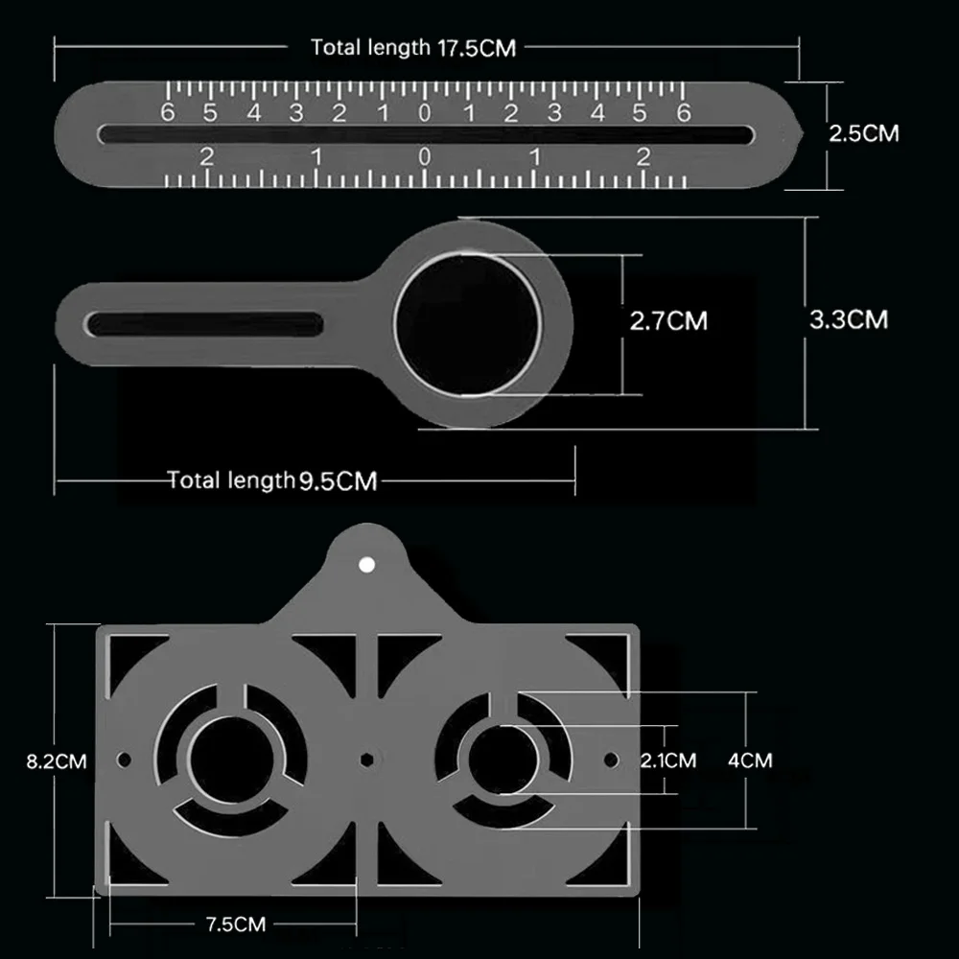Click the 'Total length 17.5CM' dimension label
click(x=413, y=47)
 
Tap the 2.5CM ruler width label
click(x=864, y=133)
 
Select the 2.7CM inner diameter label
click(x=668, y=320)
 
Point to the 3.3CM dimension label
click(x=849, y=319)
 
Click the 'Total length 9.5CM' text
click(x=272, y=479)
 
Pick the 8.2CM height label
click(x=57, y=761)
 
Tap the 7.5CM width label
click(x=236, y=924)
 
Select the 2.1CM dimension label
click(x=668, y=760)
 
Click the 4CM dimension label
click(x=750, y=760)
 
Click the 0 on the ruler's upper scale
click(x=425, y=113)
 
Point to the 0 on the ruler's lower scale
click(x=425, y=157)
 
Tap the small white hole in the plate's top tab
click(x=365, y=565)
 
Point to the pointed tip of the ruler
click(x=798, y=134)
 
